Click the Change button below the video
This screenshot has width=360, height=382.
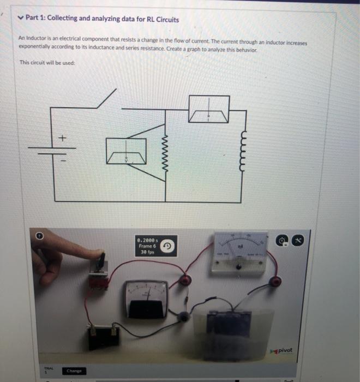(73, 371)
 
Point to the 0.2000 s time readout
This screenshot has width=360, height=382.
(148, 239)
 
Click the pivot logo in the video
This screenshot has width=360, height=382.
(281, 350)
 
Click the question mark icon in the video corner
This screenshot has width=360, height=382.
(39, 236)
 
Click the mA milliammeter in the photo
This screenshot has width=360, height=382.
(241, 252)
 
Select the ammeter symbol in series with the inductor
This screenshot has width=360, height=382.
(209, 109)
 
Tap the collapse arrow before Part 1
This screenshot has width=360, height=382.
(20, 18)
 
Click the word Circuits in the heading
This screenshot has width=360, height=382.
(167, 19)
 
